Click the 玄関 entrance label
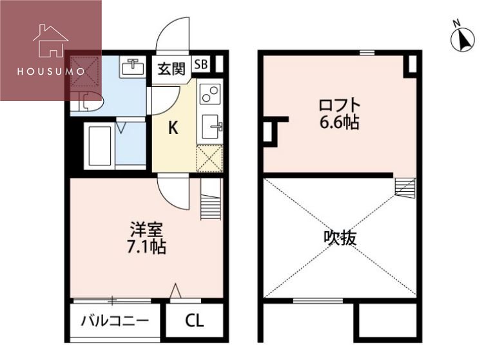point(171,68)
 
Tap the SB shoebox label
point(200,64)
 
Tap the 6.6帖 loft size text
point(338,123)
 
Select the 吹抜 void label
point(340,238)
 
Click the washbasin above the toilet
point(133,67)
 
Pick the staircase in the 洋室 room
point(211,200)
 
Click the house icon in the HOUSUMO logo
point(50,42)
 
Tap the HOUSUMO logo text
point(50,71)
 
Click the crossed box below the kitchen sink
point(210,159)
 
